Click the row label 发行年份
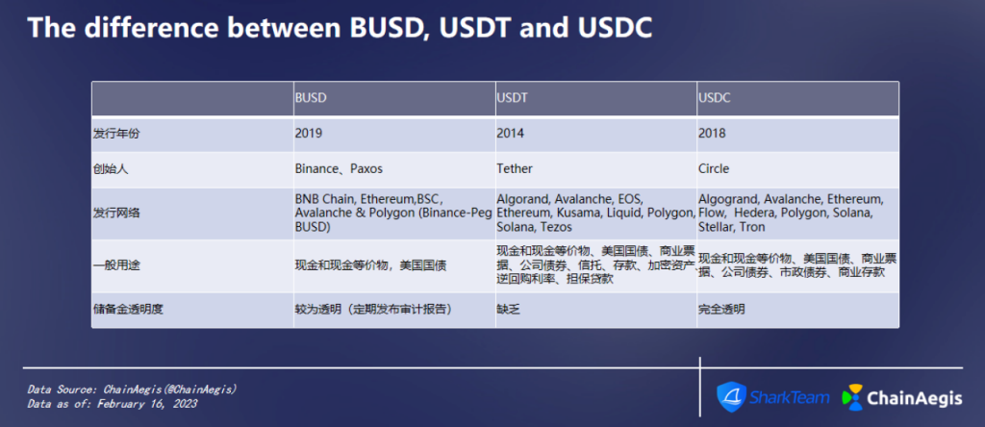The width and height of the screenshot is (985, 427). pos(114,134)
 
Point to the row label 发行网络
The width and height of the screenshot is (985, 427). pos(114,213)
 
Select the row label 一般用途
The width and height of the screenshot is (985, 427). pos(114,265)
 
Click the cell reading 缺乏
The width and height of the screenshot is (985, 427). pos(507,310)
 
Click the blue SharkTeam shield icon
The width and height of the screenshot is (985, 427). pos(731,397)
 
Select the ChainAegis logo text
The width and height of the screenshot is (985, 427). pos(914,397)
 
